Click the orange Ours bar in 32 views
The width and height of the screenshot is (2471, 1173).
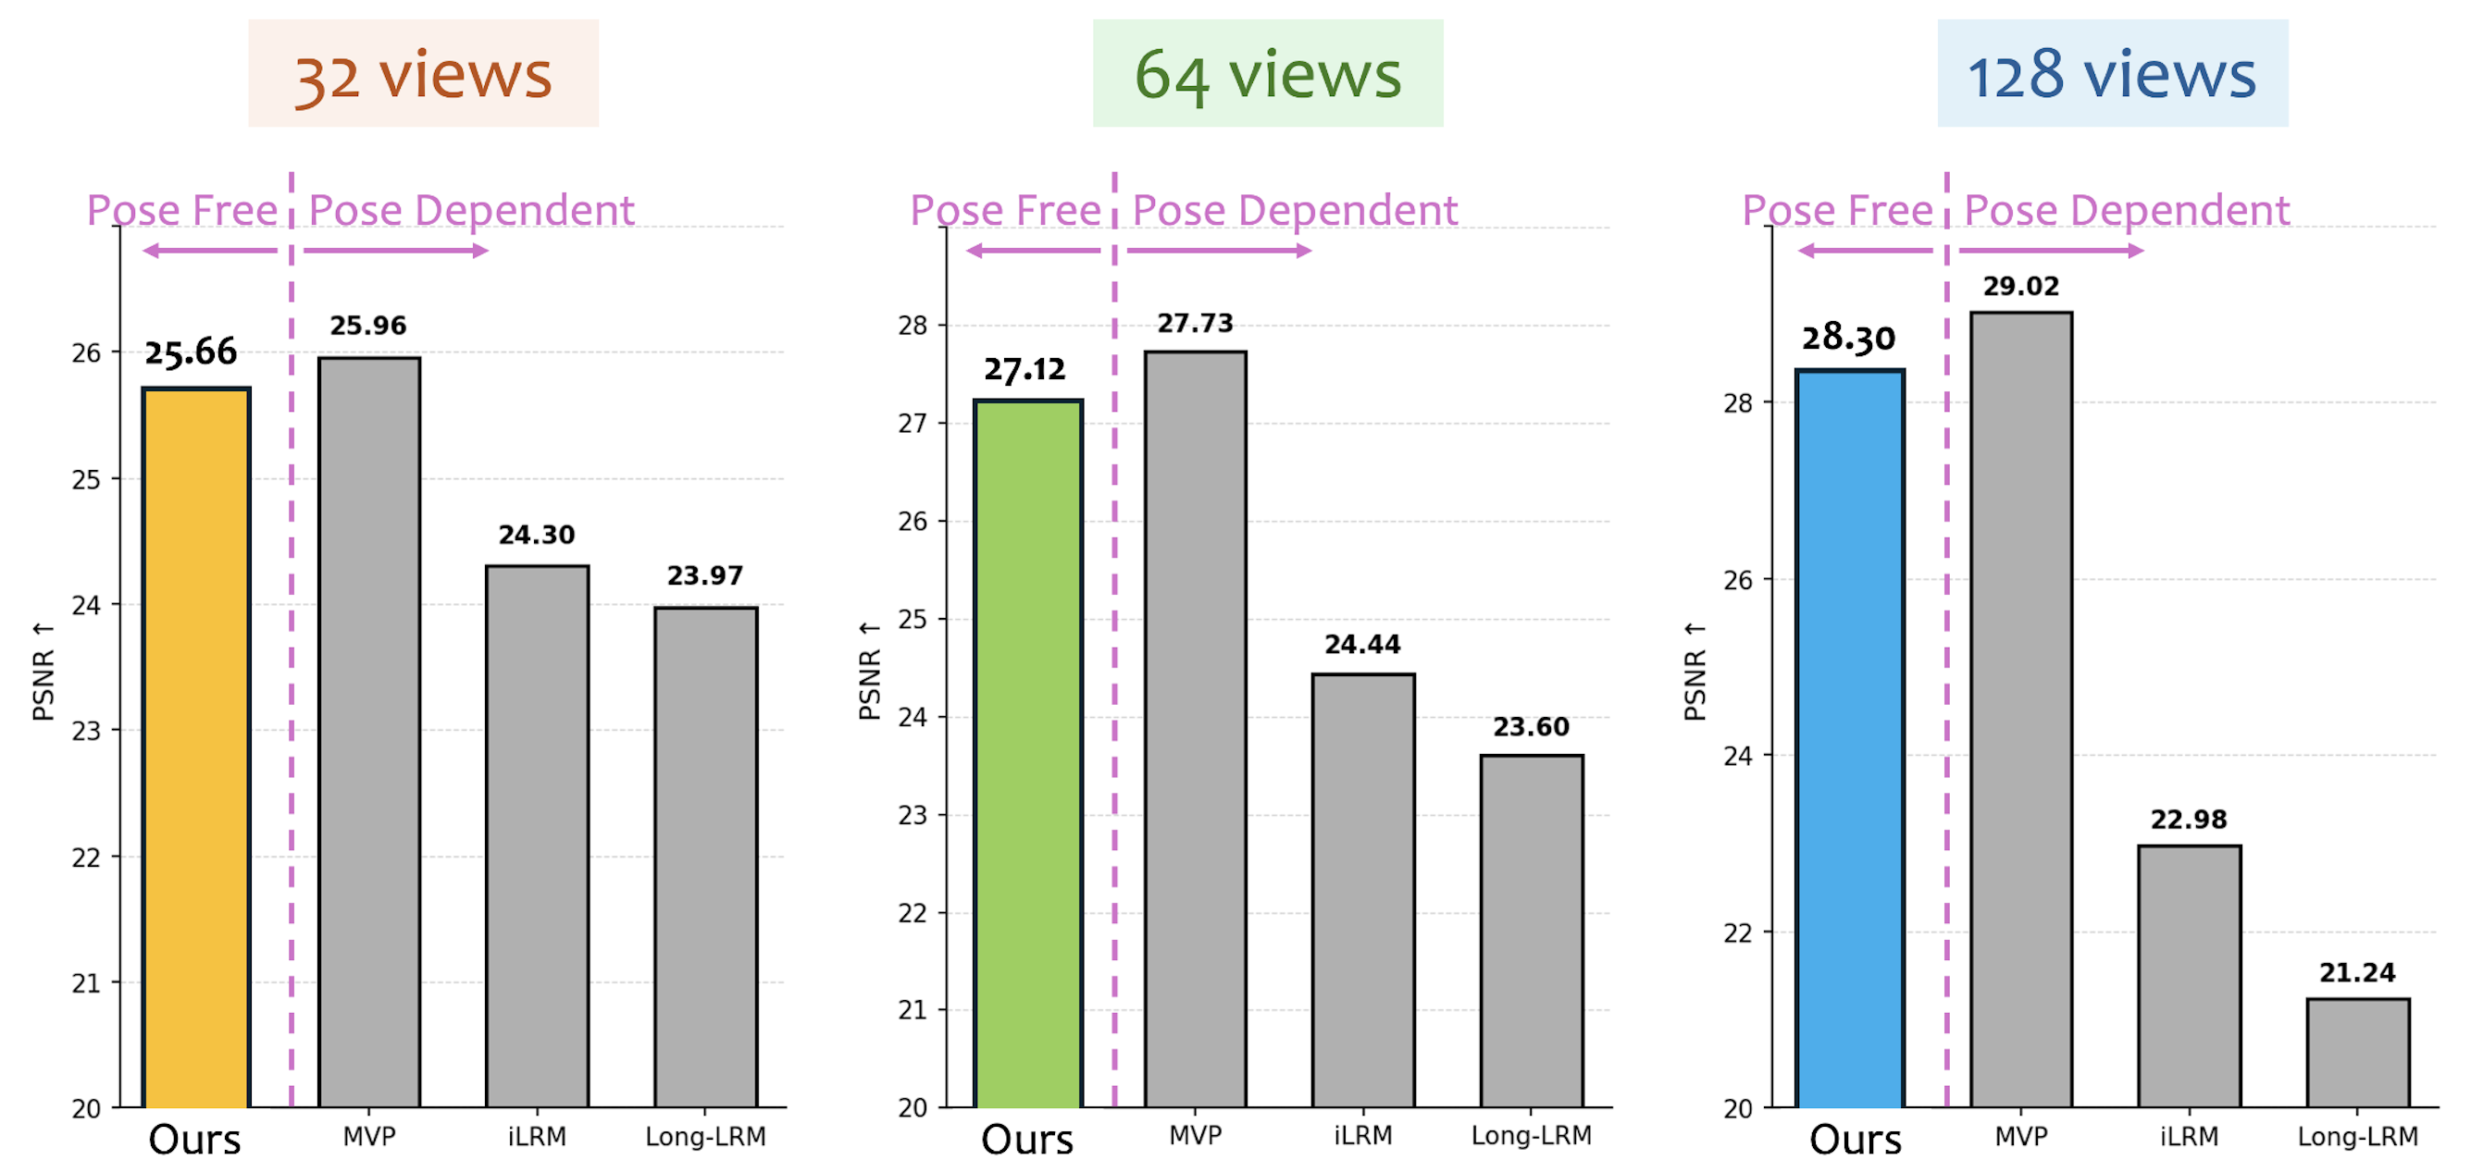(196, 748)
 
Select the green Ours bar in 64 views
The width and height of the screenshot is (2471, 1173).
(1028, 754)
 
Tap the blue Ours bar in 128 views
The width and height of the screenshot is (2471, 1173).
(1849, 738)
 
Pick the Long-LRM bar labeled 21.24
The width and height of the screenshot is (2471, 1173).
(2357, 1052)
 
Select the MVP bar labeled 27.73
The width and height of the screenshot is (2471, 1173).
(1195, 729)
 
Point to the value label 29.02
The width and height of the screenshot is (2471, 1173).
(2021, 286)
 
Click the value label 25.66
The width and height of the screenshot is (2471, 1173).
(191, 352)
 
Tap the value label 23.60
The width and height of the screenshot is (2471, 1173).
(1531, 727)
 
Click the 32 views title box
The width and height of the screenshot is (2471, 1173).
(423, 74)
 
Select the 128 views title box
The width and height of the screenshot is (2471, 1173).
(2112, 74)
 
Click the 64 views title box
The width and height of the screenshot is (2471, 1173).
(1267, 74)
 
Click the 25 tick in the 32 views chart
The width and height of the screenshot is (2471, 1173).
(86, 479)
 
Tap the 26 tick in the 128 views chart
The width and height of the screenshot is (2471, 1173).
(1738, 580)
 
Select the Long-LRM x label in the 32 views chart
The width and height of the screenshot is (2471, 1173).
(705, 1137)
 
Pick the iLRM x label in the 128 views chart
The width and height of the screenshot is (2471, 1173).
(2189, 1137)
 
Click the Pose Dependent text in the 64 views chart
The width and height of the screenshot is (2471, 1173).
(1295, 211)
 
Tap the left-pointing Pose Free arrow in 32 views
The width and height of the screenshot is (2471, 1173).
(210, 252)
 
